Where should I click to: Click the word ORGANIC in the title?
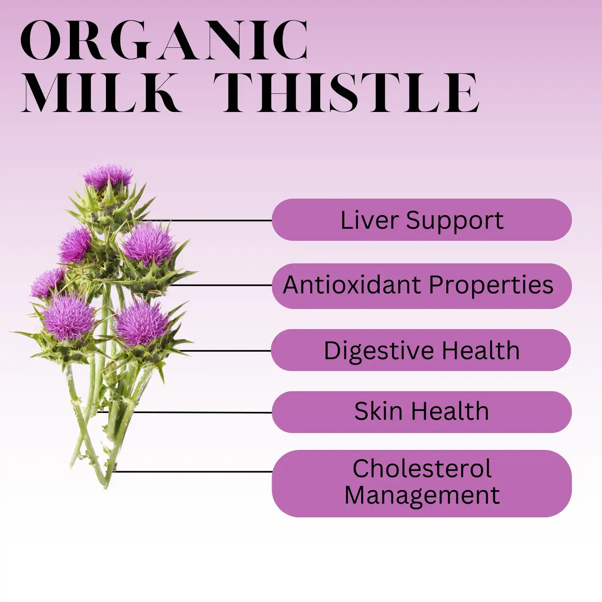click(x=165, y=40)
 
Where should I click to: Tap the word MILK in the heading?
click(x=100, y=93)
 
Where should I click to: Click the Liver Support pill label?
click(x=421, y=220)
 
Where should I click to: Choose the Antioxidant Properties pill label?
click(x=421, y=286)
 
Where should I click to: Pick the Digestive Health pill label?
click(x=421, y=350)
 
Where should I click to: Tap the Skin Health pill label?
click(x=421, y=412)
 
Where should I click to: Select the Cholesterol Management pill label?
click(x=421, y=483)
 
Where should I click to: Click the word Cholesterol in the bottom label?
click(x=422, y=469)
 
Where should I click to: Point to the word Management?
click(x=422, y=495)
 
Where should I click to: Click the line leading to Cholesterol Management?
click(x=193, y=472)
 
